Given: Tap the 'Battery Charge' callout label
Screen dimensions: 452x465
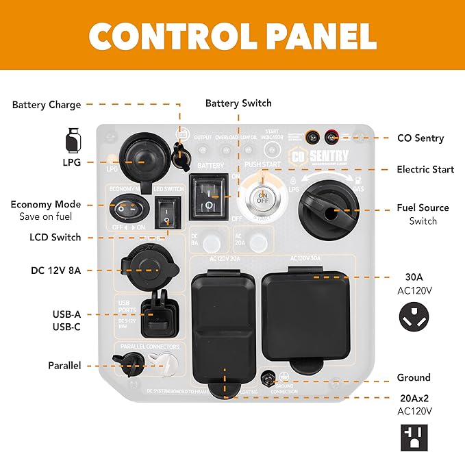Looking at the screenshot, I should pos(47,105).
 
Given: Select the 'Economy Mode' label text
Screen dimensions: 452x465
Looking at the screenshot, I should pos(46,204).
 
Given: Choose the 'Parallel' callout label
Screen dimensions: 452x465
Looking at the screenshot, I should pos(65,366).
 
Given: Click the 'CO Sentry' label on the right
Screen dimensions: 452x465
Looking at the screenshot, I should pos(420,138).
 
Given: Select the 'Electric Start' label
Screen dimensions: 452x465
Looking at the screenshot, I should pos(425,169).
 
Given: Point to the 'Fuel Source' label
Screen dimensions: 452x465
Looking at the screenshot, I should pos(423,208).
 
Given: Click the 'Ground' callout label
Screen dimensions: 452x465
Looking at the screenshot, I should pos(414,377).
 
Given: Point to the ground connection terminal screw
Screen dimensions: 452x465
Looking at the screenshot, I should pos(270,377).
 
